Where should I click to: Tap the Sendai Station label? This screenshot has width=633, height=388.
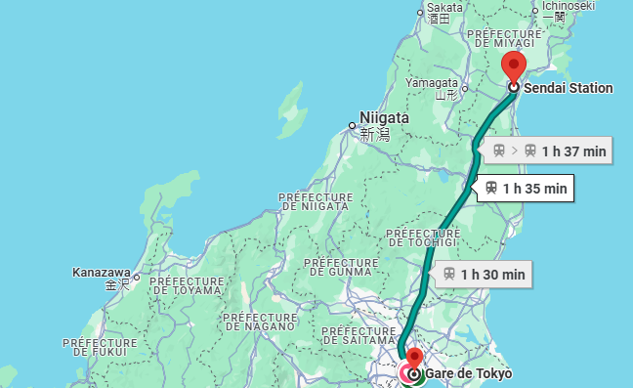(569, 88)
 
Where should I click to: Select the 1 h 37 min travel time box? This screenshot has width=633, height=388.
(549, 151)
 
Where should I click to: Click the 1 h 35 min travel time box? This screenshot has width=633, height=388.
(526, 188)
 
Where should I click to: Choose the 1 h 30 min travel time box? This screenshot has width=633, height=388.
(485, 275)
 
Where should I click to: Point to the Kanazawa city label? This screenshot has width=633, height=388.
(102, 272)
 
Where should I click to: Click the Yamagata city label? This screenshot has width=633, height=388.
(431, 84)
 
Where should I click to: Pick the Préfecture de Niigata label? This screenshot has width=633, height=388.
(314, 200)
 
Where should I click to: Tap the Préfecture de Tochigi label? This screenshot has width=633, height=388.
(424, 237)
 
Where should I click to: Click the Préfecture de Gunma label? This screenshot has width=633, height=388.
(341, 268)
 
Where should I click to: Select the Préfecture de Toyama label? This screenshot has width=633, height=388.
(187, 284)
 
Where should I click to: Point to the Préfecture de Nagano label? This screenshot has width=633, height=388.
(260, 323)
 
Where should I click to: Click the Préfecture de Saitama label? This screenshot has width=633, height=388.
(359, 337)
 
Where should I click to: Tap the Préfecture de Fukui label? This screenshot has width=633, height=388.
(100, 349)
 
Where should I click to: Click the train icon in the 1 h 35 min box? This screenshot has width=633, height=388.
(491, 188)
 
